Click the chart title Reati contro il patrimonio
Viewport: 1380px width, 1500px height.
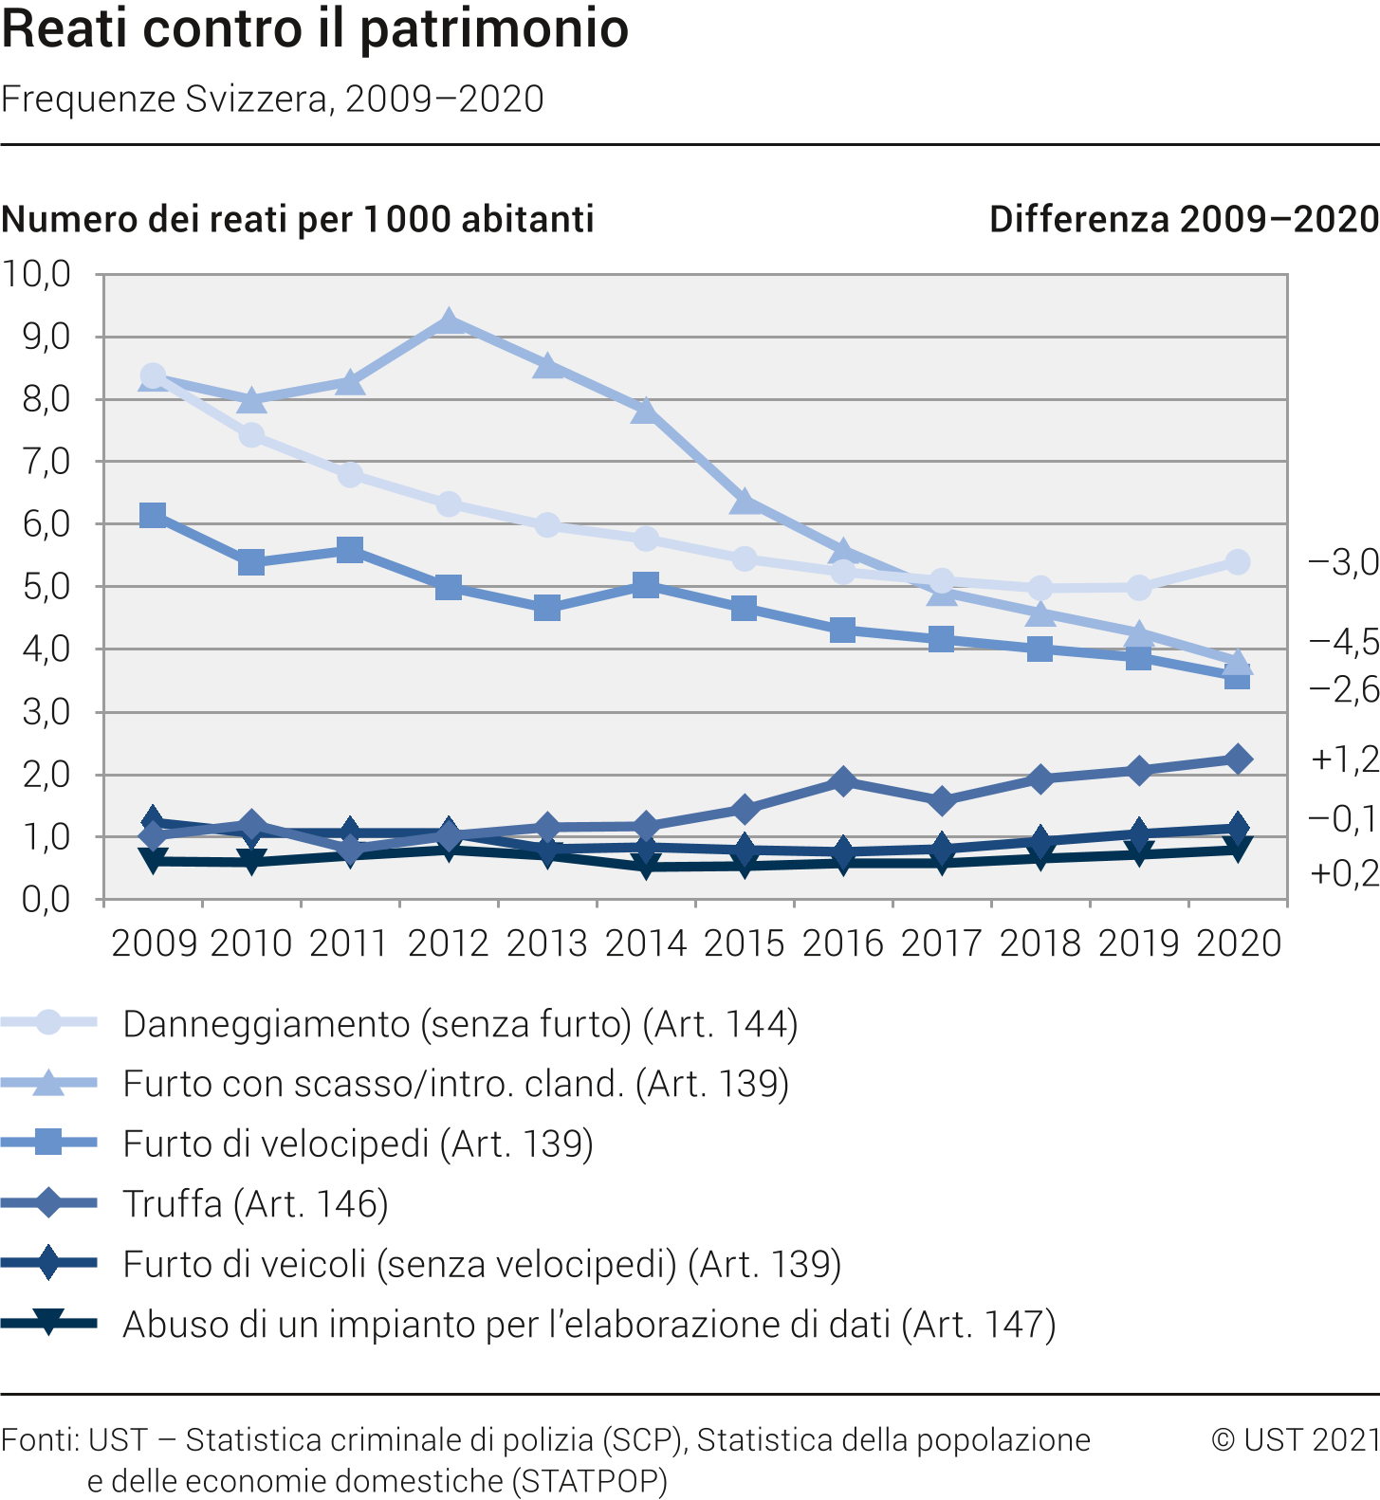pos(315,28)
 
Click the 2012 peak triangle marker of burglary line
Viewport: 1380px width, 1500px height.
pos(449,322)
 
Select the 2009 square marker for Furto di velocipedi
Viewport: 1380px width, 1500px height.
pos(153,516)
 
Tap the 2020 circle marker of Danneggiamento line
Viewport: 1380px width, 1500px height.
pos(1237,562)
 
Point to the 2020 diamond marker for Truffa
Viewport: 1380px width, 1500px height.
pos(1237,759)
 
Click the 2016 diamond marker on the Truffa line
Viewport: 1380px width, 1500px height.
pos(842,781)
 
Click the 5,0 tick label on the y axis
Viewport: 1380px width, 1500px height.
pos(46,586)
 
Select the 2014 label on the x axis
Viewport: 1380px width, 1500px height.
pos(646,943)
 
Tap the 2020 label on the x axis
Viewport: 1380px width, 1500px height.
pos(1238,943)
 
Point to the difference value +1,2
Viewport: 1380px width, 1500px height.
pos(1344,759)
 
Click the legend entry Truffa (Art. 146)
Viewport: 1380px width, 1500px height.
pos(256,1204)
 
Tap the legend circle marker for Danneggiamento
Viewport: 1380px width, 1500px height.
pos(48,1022)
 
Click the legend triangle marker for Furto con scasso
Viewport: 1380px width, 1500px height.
pos(48,1083)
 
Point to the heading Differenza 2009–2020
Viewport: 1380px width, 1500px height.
pos(1184,219)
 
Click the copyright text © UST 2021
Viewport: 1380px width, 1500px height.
pos(1295,1439)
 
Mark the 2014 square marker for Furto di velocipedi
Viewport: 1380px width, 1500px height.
pos(646,585)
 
